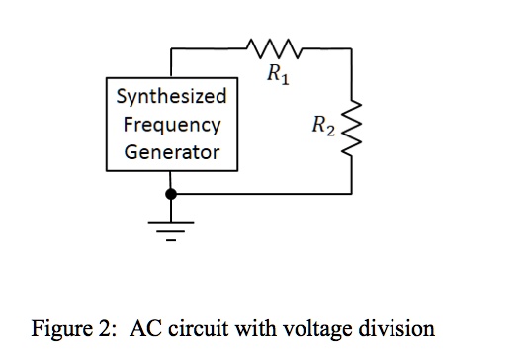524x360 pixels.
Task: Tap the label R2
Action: click(322, 125)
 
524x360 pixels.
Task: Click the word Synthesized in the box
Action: click(171, 97)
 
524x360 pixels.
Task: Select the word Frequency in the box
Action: click(171, 126)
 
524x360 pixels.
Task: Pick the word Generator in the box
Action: click(171, 153)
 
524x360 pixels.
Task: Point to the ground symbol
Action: click(173, 226)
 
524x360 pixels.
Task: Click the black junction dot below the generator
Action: click(173, 194)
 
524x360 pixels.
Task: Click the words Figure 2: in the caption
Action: click(69, 328)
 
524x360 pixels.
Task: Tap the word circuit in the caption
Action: click(194, 328)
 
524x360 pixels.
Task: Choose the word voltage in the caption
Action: click(317, 328)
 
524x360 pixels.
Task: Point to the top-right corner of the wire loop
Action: click(353, 46)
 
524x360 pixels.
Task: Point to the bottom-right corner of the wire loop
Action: click(353, 194)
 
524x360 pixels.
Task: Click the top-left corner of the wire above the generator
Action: click(173, 46)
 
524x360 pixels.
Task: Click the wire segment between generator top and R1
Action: click(208, 46)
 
